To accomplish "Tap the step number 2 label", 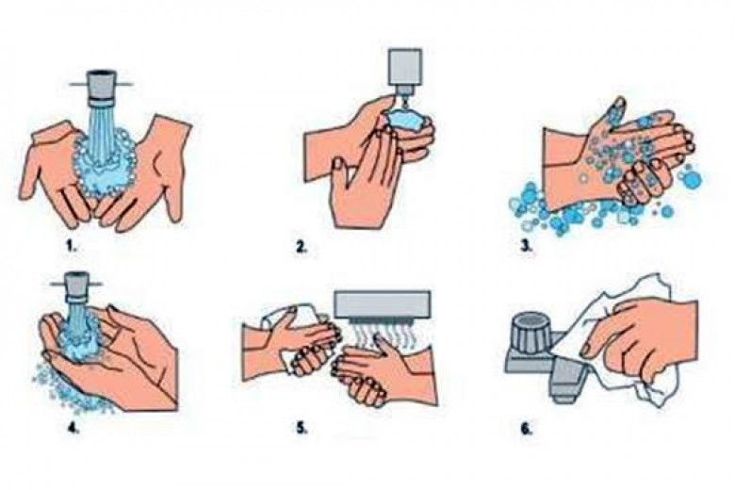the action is click(302, 247).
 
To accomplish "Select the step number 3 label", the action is click(527, 247).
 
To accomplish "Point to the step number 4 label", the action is click(73, 428).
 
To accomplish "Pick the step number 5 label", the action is click(302, 428).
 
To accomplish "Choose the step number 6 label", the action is click(527, 428).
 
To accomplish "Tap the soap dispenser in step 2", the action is click(404, 72).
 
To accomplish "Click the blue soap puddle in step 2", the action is click(405, 120).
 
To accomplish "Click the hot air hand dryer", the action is click(382, 304).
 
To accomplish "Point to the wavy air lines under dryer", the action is click(383, 335).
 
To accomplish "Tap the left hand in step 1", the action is click(58, 169).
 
